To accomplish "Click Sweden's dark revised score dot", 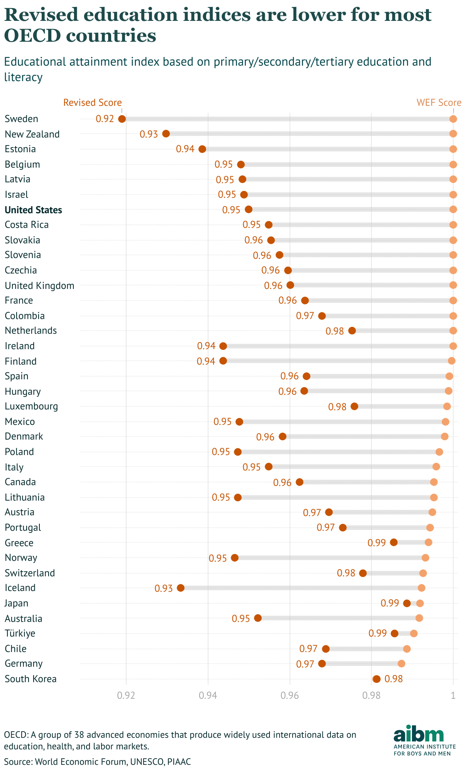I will [122, 119].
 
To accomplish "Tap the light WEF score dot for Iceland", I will [422, 588].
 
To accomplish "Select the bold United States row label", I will [33, 210].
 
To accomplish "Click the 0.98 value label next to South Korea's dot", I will [394, 679].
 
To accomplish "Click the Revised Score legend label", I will [93, 103].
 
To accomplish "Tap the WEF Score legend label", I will [439, 103].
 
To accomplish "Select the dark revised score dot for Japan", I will [407, 603].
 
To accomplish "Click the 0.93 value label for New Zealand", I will [149, 134].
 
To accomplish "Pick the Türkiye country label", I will [20, 633].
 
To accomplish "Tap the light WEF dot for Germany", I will [402, 664].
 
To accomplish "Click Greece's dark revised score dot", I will [394, 542].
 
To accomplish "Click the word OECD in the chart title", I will [32, 36].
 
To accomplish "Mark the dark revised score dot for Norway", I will [235, 558].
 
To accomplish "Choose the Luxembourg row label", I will [31, 406].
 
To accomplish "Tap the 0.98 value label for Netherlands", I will [335, 331].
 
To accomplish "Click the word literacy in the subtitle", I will [23, 77].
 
